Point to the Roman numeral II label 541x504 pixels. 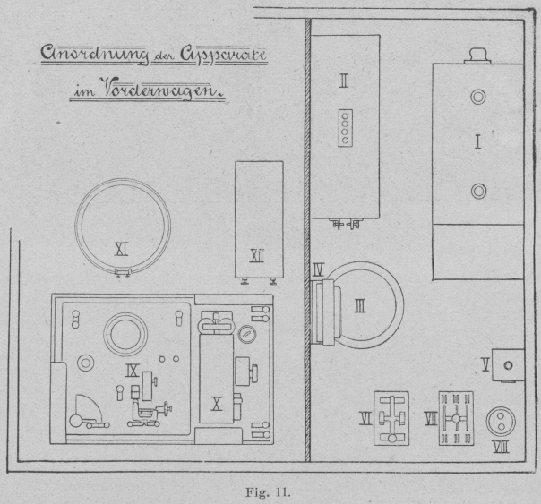pyautogui.click(x=343, y=81)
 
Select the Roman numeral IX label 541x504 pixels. pyautogui.click(x=131, y=368)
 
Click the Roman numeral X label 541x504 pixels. pyautogui.click(x=216, y=404)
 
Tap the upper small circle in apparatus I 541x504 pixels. pyautogui.click(x=478, y=97)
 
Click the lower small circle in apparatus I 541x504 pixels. pyautogui.click(x=478, y=190)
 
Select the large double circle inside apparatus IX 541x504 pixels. pyautogui.click(x=123, y=333)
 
